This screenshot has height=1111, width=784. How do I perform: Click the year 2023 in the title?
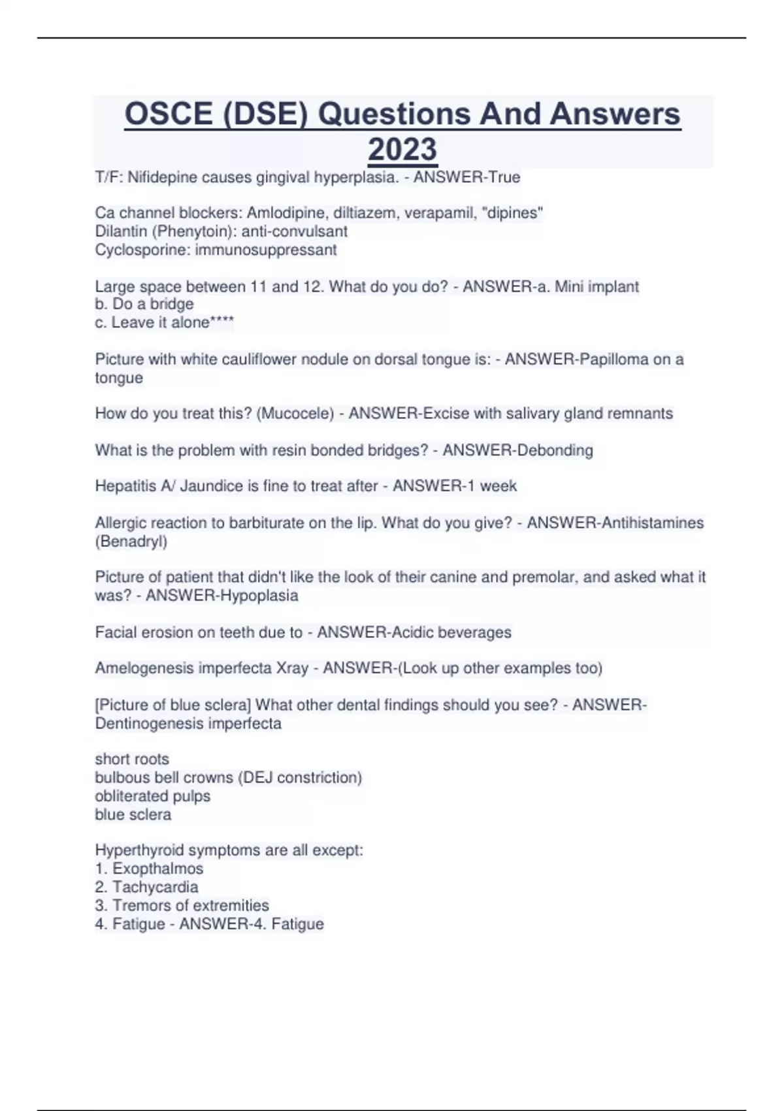(x=402, y=149)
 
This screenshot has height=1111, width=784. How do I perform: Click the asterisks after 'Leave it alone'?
(x=222, y=322)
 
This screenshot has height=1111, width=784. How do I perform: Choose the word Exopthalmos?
(x=157, y=869)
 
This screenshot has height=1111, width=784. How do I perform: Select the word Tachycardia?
(x=155, y=887)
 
